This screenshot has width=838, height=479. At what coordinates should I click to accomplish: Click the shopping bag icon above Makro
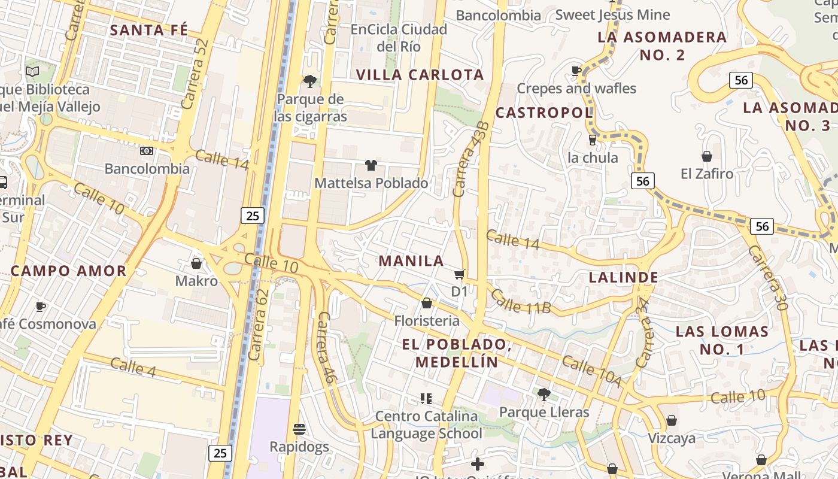196,263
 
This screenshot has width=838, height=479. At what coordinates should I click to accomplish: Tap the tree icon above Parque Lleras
544,395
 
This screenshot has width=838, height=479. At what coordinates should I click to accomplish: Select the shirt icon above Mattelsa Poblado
371,165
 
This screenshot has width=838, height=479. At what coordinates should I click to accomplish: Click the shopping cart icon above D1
459,275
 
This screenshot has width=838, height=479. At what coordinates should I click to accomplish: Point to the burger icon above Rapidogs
299,429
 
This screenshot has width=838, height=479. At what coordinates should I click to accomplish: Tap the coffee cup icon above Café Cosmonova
40,307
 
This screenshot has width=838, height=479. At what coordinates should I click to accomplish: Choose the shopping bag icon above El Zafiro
706,156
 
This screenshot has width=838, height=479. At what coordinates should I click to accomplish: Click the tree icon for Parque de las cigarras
309,81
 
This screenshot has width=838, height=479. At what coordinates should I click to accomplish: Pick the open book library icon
32,72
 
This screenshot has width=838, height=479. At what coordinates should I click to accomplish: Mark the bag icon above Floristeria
427,304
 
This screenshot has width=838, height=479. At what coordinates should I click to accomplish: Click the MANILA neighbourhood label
411,261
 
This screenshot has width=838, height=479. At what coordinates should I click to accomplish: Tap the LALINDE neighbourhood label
623,277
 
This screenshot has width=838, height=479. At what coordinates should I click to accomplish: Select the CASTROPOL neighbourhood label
544,113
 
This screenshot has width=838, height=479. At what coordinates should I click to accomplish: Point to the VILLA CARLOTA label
420,75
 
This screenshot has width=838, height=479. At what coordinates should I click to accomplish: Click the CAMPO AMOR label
69,271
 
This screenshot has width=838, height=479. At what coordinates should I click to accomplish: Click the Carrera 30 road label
767,277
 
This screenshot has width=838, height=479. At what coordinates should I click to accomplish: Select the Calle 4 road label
133,367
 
